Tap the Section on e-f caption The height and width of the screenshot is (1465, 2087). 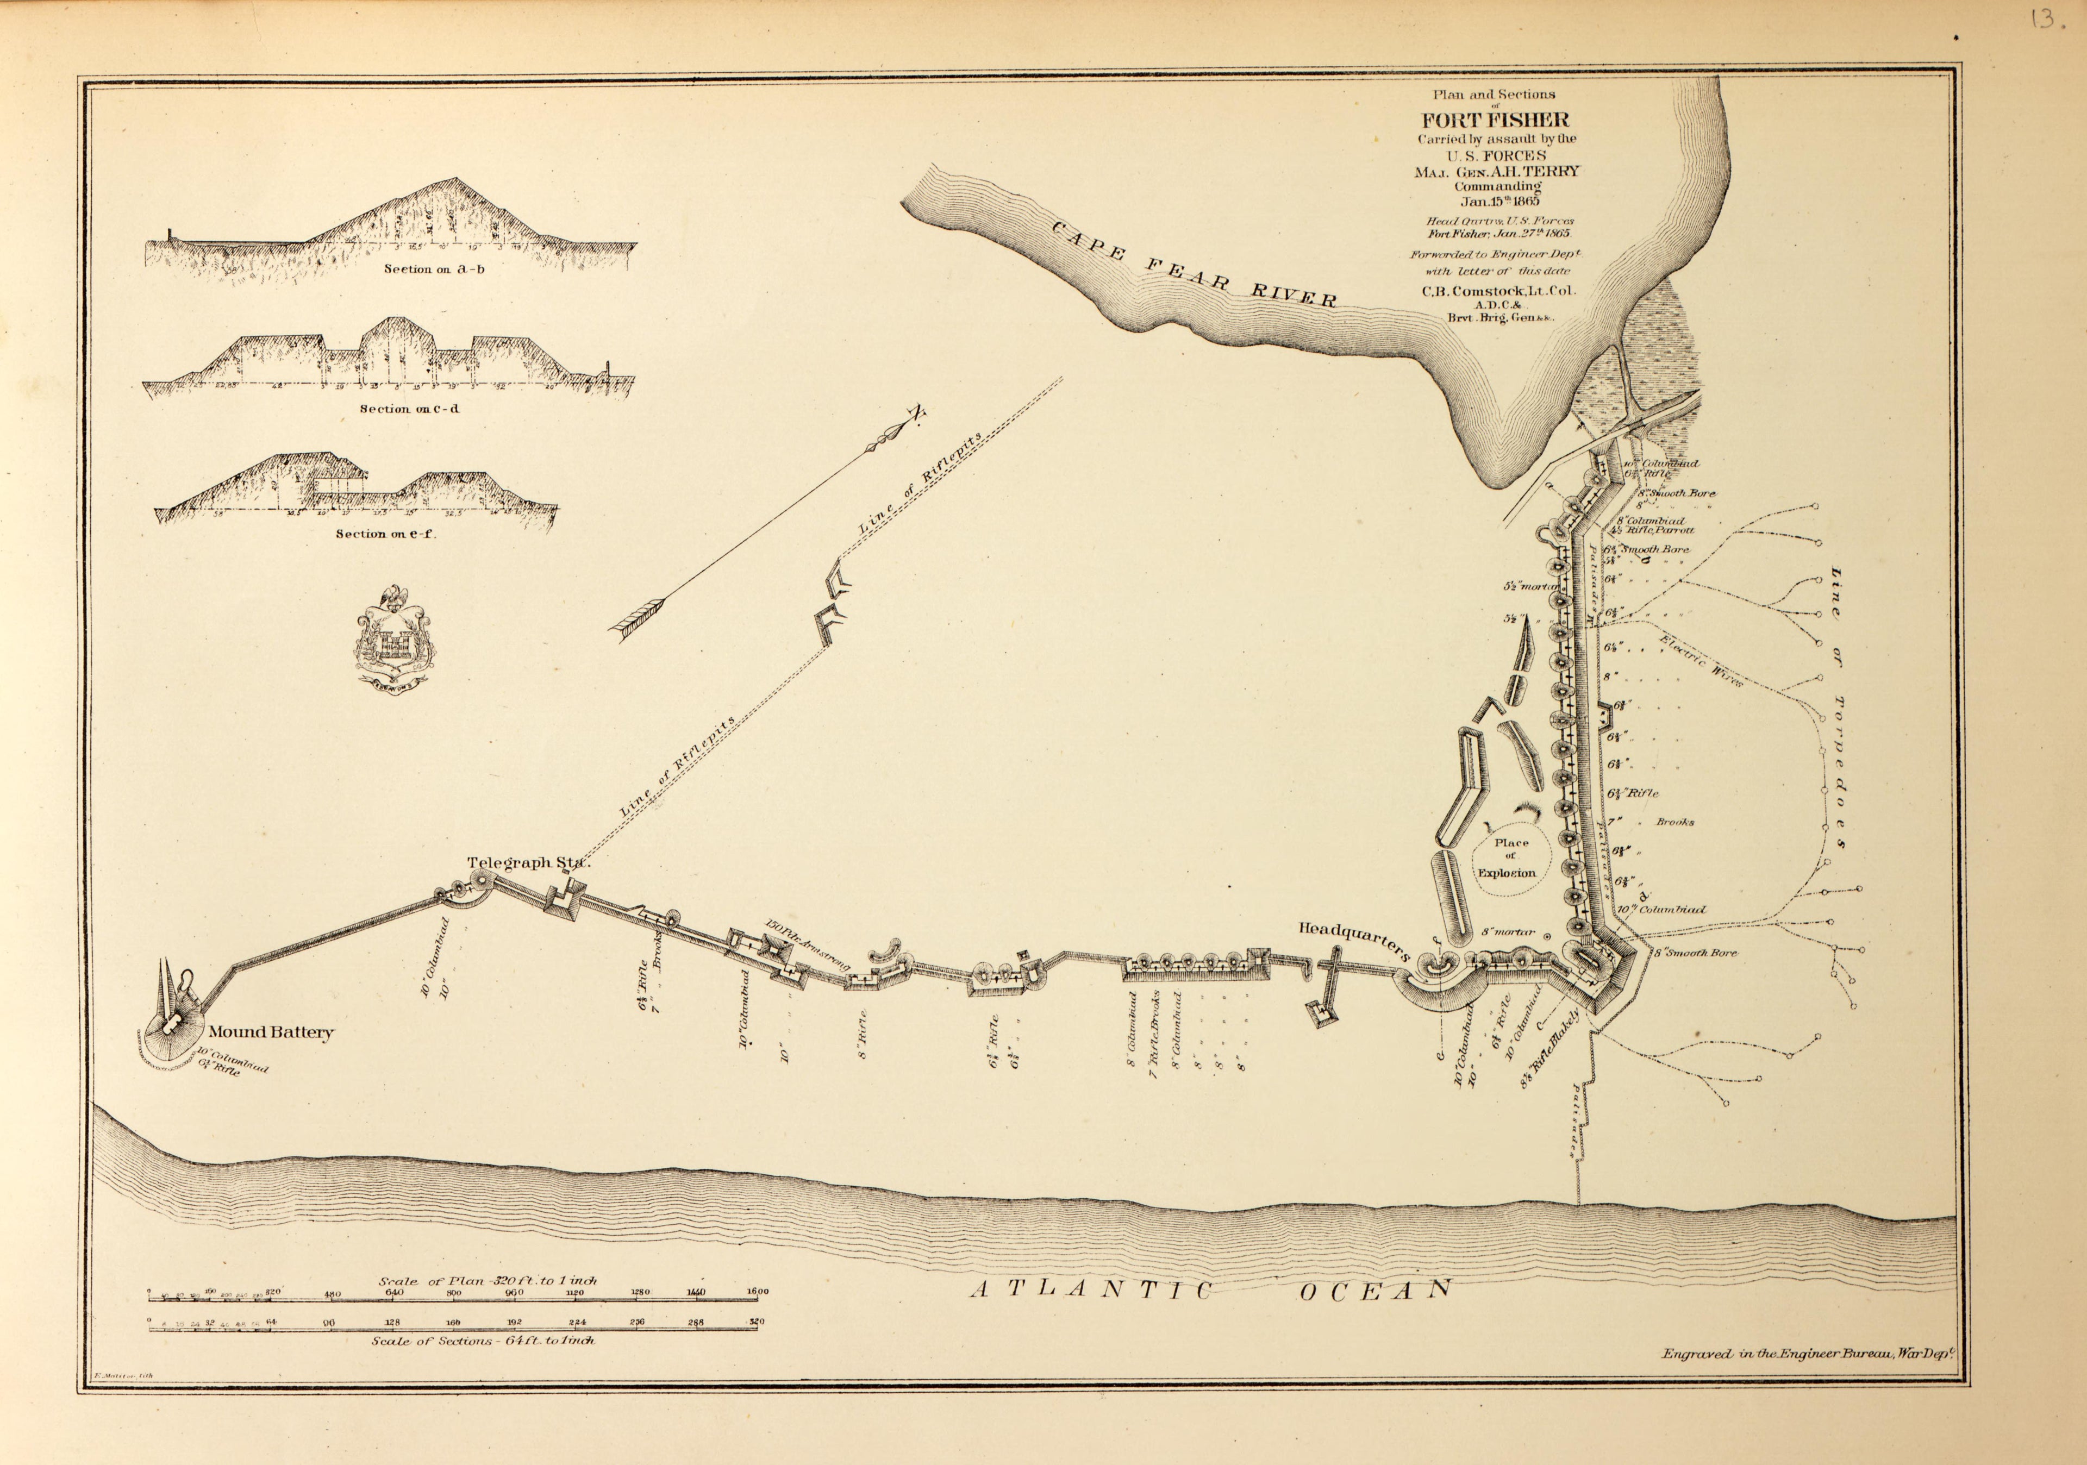pos(385,534)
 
